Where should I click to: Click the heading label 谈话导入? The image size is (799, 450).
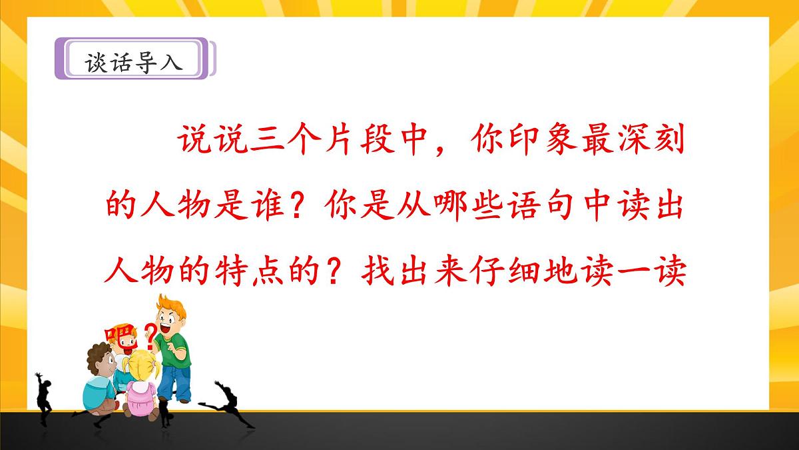133,61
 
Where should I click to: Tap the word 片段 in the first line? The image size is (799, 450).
358,143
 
